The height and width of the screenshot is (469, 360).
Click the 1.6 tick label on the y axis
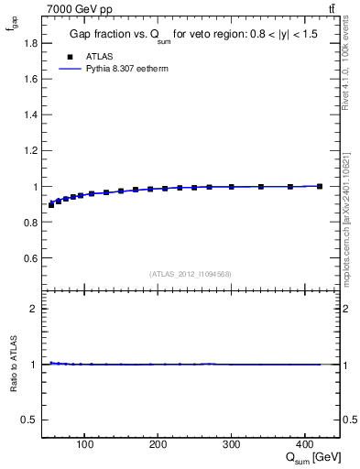coord(30,79)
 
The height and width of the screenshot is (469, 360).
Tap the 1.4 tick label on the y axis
coord(30,115)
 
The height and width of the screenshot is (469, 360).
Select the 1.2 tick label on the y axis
coord(30,150)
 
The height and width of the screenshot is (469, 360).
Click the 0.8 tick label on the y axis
coord(30,223)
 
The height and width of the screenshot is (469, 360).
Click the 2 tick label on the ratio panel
coord(34,309)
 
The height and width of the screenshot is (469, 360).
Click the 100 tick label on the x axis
coord(85,445)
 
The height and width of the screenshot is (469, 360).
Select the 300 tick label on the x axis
coord(231,445)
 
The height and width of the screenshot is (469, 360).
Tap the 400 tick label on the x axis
coord(304,445)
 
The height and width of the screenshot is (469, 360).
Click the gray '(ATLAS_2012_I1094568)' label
coord(191,273)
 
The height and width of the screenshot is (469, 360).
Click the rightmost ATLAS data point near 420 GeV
coord(319,186)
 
